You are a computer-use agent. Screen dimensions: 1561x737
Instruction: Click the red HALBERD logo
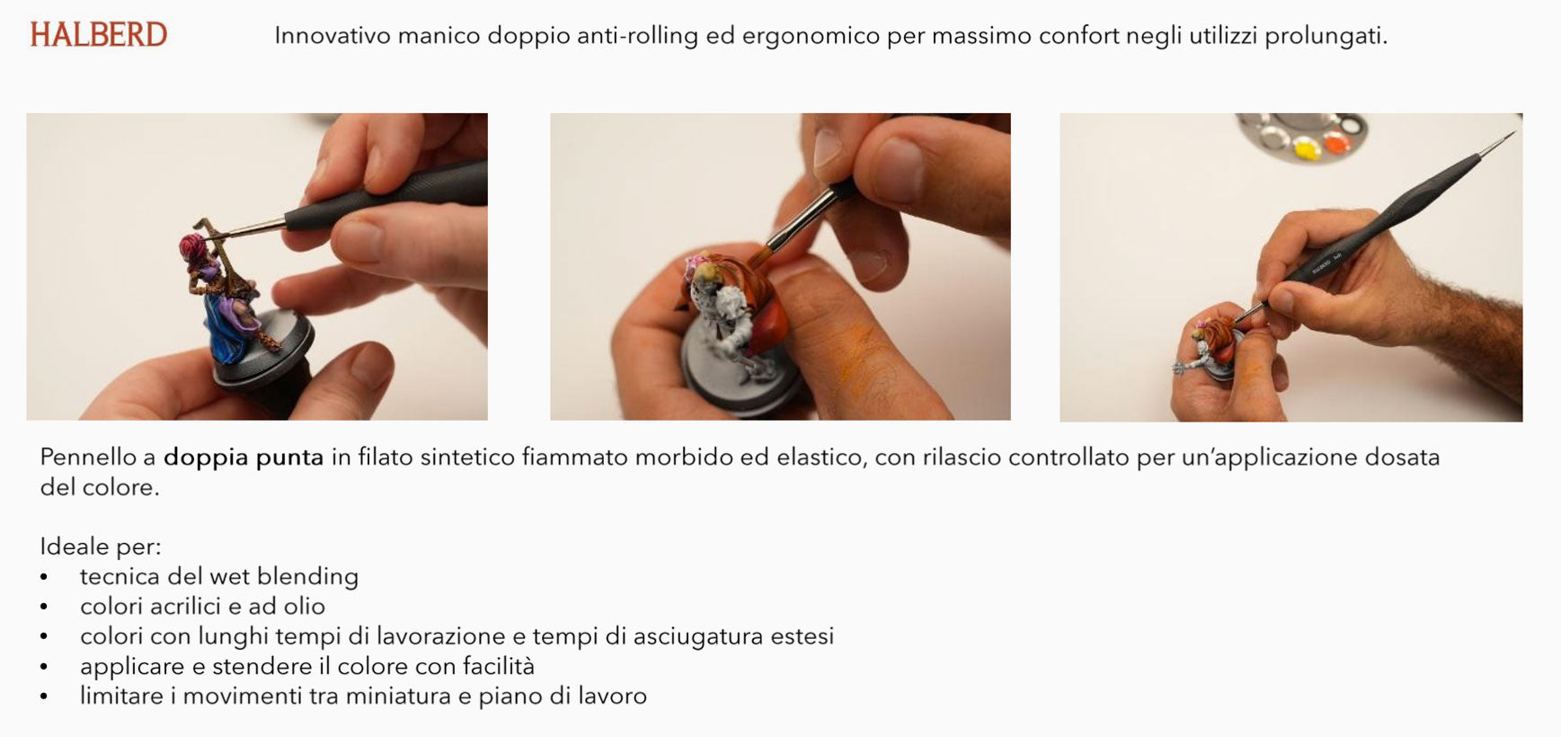click(x=99, y=35)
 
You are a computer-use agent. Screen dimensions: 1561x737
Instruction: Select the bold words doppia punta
click(x=244, y=458)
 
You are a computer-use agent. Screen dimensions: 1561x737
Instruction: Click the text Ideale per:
click(x=101, y=546)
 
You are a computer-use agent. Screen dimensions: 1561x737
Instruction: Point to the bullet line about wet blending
click(x=219, y=576)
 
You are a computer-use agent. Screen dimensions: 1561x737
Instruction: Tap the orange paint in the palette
click(x=1335, y=142)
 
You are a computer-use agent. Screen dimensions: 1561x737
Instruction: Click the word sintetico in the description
click(x=467, y=457)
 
